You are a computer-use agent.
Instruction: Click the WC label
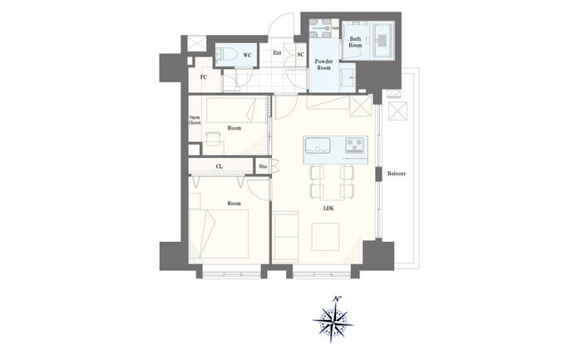[x=247, y=56]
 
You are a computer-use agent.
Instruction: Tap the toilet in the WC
[x=226, y=55]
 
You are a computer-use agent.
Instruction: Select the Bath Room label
[x=355, y=42]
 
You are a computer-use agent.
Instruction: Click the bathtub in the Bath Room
[x=382, y=41]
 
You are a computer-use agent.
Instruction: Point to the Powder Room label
[x=323, y=65]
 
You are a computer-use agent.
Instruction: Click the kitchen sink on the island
[x=318, y=145]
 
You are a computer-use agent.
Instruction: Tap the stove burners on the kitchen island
[x=355, y=145]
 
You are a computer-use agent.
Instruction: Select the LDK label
[x=328, y=208]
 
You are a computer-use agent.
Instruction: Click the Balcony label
[x=397, y=173]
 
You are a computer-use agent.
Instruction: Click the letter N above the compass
[x=337, y=298]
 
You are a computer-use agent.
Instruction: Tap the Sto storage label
[x=264, y=166]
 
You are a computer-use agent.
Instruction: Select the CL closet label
[x=219, y=166]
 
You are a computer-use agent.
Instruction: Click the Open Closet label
[x=195, y=120]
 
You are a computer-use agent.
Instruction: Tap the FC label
[x=204, y=77]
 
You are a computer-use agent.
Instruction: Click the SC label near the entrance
[x=301, y=55]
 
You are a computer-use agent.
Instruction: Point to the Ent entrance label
[x=277, y=53]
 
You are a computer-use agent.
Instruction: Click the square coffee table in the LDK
[x=325, y=237]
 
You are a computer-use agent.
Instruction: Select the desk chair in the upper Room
[x=213, y=138]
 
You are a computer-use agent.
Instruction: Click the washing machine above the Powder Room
[x=319, y=28]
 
